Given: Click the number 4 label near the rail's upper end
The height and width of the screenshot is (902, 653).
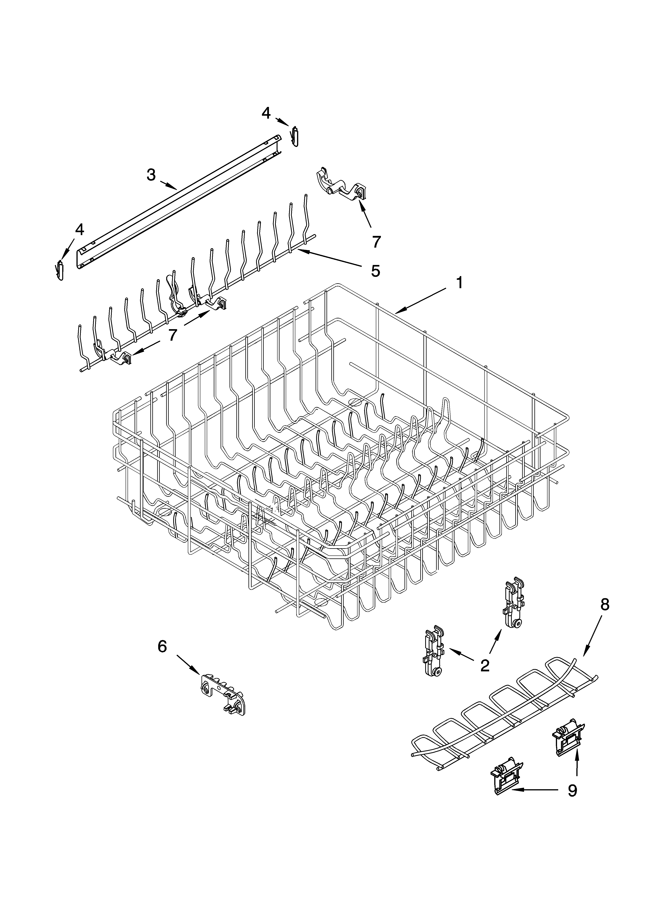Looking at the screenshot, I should (266, 113).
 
